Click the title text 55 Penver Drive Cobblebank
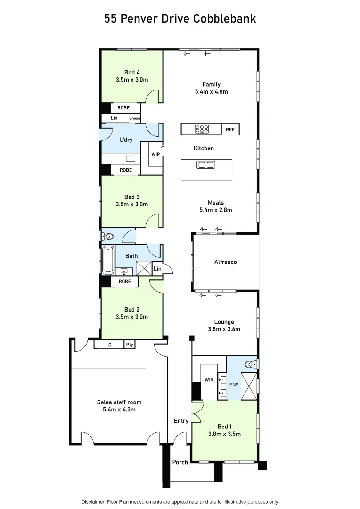[x=180, y=19]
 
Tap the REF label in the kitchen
[x=230, y=130]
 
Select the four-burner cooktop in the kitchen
[x=202, y=129]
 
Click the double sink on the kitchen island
[x=206, y=164]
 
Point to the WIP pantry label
[x=155, y=154]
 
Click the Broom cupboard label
[x=134, y=118]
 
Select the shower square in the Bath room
[x=143, y=268]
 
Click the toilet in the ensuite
[x=250, y=364]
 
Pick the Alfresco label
[x=226, y=262]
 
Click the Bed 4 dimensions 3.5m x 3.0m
[x=132, y=80]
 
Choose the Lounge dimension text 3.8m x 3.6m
[x=224, y=329]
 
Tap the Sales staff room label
[x=119, y=402]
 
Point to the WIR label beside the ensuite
[x=209, y=379]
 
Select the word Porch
[x=180, y=462]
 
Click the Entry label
[x=181, y=421]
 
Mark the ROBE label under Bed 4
[x=123, y=108]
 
